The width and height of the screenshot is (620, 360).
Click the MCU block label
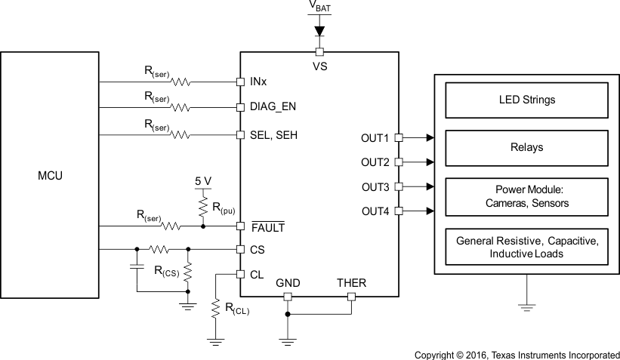click(50, 176)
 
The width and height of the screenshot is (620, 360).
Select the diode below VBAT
click(319, 31)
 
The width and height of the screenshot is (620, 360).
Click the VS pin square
click(319, 51)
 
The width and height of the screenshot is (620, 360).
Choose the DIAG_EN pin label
click(273, 107)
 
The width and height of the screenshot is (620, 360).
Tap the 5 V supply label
click(202, 181)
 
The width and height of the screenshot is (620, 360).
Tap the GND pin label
click(287, 283)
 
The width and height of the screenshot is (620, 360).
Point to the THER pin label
click(351, 283)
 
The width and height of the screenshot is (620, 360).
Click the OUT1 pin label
click(375, 138)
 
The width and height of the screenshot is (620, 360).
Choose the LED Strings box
click(526, 99)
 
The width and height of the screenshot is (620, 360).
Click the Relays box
click(526, 147)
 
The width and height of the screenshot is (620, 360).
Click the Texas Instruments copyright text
click(517, 354)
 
